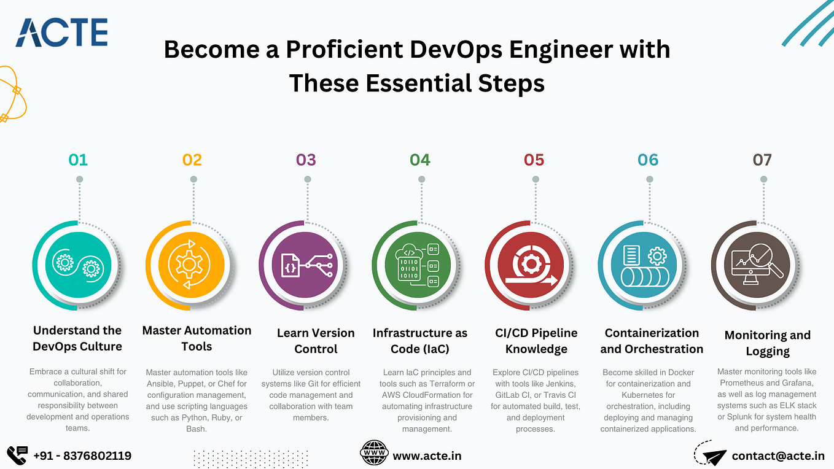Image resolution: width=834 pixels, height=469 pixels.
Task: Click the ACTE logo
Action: (x=61, y=33)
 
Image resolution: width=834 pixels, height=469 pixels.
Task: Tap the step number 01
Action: (x=78, y=160)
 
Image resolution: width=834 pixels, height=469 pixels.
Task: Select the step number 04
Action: (x=420, y=160)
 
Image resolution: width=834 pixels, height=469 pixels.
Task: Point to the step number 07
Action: (x=762, y=160)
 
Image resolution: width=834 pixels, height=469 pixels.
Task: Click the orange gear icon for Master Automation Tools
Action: (x=190, y=265)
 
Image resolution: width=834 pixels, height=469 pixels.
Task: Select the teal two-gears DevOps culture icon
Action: (x=78, y=265)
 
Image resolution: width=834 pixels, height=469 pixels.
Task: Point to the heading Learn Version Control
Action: (x=316, y=341)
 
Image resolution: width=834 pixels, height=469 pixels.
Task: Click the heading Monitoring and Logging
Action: (x=767, y=343)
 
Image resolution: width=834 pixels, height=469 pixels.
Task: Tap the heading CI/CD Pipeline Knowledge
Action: (x=536, y=341)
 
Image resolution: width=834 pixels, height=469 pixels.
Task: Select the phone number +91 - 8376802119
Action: (x=82, y=455)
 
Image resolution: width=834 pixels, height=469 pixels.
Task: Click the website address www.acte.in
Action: (x=427, y=455)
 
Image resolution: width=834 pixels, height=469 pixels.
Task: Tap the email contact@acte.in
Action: (x=778, y=455)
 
